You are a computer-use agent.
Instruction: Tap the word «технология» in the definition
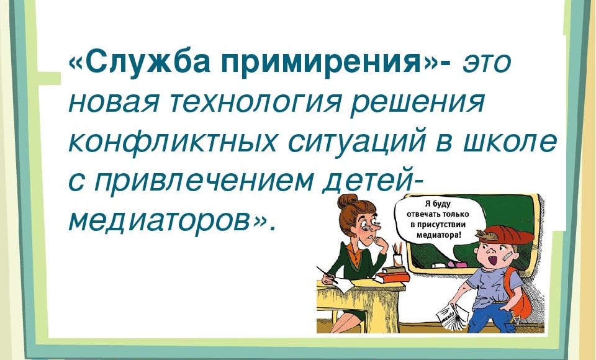tap(257, 102)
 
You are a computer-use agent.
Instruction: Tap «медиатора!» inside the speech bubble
tap(439, 235)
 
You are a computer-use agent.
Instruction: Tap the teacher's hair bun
tap(347, 202)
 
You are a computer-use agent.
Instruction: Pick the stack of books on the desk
tap(392, 273)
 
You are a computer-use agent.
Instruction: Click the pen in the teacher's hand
tap(327, 274)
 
